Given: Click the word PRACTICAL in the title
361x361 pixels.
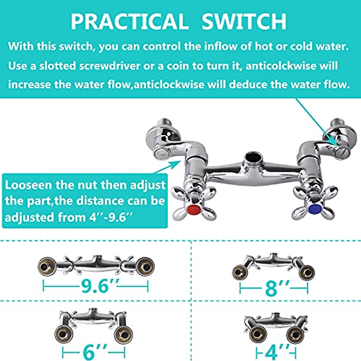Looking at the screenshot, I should coord(129,22).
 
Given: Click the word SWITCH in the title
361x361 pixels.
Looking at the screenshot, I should coord(244,22).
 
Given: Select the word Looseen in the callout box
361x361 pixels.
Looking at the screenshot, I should coord(25,185).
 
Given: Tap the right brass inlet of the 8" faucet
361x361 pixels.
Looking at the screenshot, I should coord(307,273).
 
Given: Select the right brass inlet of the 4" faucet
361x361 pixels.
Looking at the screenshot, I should coord(295,335).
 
